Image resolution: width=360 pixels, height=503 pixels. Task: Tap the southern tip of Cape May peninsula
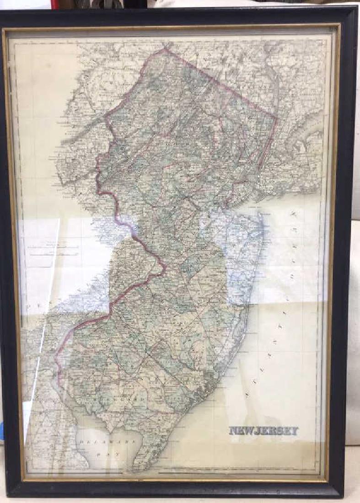[135, 469]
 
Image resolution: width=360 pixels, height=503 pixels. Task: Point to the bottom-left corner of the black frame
[9, 498]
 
